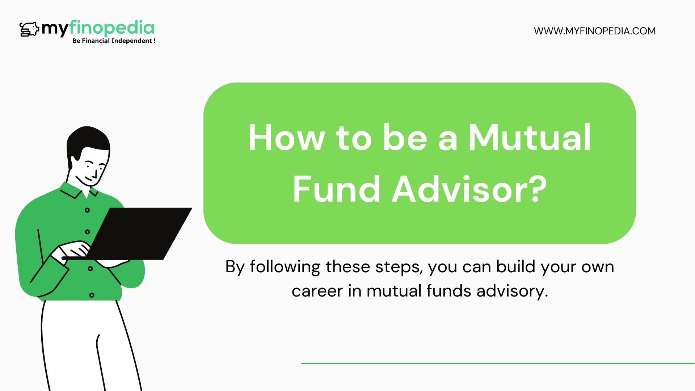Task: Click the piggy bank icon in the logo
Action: click(x=29, y=29)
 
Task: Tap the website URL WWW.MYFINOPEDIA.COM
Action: click(x=594, y=31)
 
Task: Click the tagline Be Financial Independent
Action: click(x=114, y=41)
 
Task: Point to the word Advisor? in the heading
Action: click(x=469, y=189)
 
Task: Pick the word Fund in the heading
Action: click(x=336, y=189)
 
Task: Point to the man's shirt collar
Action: click(x=78, y=192)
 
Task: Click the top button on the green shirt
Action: click(x=87, y=210)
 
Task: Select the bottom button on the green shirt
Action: click(x=92, y=295)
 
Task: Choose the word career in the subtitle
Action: click(x=317, y=291)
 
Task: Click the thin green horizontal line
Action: click(x=498, y=363)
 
